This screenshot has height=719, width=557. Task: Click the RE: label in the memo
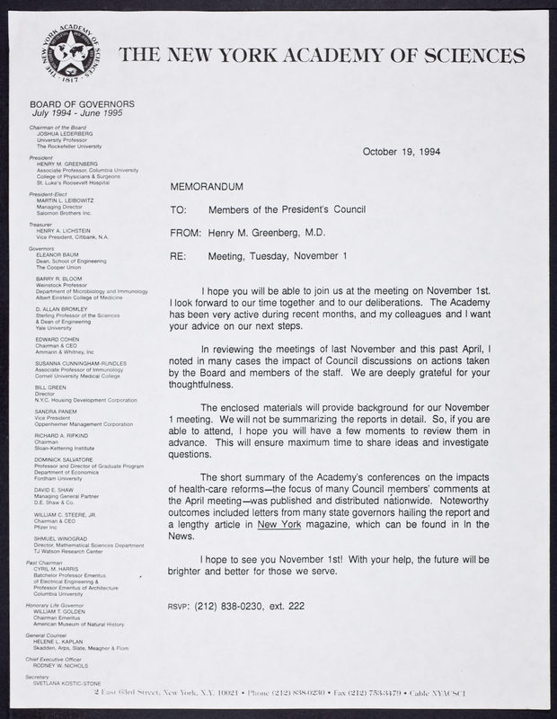click(177, 255)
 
